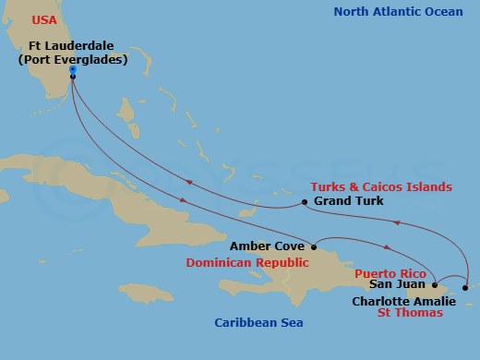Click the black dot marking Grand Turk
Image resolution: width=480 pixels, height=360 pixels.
(x=305, y=202)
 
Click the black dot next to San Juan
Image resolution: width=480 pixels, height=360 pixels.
(x=435, y=286)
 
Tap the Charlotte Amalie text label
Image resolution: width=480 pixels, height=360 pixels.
(x=403, y=300)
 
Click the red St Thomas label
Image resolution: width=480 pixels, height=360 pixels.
(x=411, y=313)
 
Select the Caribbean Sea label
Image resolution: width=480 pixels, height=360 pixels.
(x=258, y=323)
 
